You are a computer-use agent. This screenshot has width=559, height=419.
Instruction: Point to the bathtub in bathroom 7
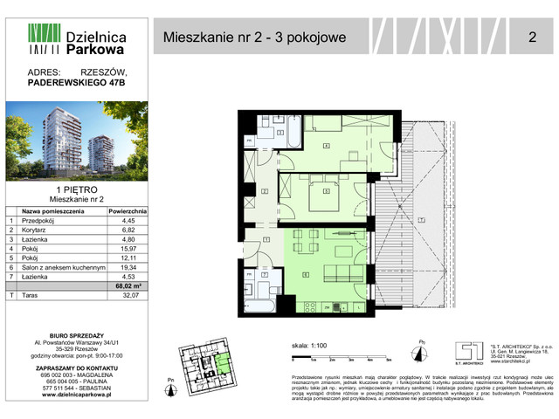(x=261, y=306)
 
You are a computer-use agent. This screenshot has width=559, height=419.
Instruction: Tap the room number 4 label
(x=325, y=146)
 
